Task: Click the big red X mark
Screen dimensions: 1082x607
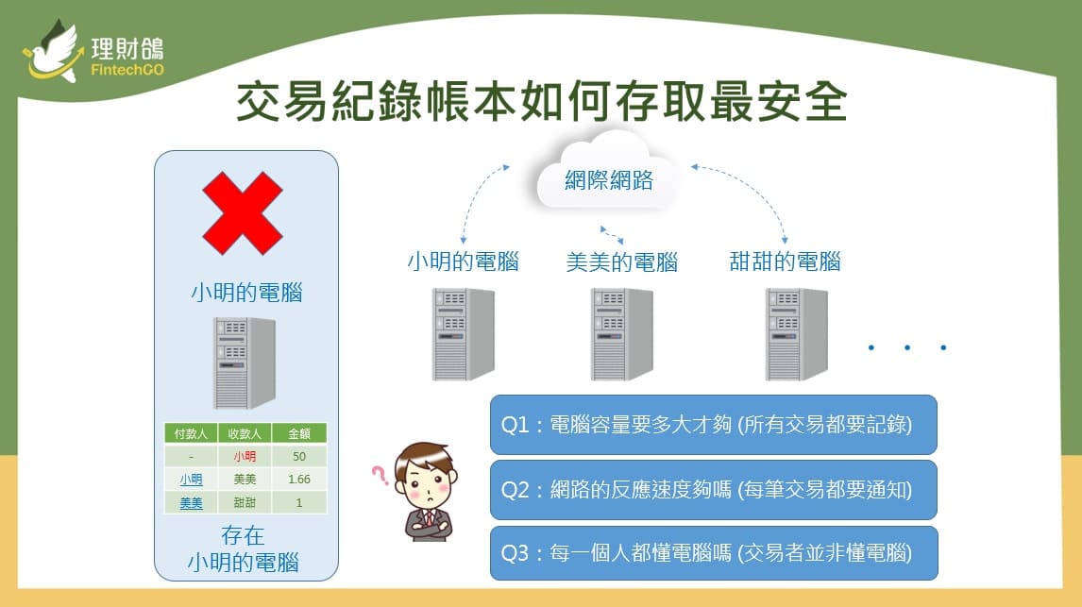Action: [243, 213]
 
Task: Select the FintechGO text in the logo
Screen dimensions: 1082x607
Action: [127, 70]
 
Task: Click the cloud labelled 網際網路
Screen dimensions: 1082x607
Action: [607, 173]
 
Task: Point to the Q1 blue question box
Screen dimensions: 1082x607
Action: [714, 424]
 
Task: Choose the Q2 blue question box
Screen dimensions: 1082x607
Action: [714, 490]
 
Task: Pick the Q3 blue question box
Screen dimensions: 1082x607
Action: [714, 553]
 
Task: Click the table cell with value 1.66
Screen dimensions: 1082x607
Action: [298, 480]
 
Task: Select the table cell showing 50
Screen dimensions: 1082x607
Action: [298, 457]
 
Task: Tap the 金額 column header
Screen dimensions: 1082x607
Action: [298, 434]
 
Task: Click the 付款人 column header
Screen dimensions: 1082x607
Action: [191, 434]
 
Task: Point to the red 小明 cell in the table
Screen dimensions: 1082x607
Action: [245, 457]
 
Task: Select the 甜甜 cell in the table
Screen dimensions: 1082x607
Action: [245, 503]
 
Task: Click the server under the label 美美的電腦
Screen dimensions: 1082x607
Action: [622, 334]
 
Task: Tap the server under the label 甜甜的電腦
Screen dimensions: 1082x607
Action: [796, 334]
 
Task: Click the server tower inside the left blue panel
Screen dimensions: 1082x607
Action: [245, 363]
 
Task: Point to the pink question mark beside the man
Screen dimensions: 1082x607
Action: [380, 475]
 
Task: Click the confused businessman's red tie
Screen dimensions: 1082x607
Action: [429, 518]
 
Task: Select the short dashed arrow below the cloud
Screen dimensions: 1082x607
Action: [612, 235]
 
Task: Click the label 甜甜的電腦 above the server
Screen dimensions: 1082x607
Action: [785, 262]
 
